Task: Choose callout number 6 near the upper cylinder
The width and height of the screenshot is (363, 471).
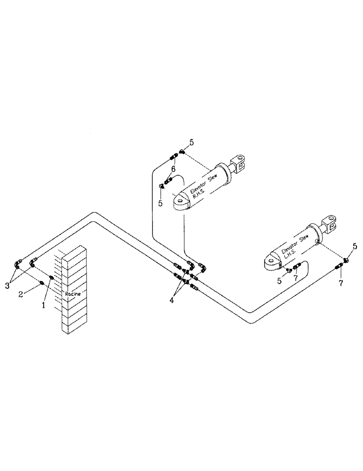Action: [173, 169]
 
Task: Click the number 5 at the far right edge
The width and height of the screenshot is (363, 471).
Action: [355, 245]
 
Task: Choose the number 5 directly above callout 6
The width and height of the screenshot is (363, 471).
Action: [191, 142]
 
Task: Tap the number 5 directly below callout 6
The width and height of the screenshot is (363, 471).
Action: [160, 203]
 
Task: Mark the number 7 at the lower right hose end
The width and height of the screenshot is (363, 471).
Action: [341, 284]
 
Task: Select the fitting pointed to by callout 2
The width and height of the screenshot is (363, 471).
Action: [42, 283]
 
